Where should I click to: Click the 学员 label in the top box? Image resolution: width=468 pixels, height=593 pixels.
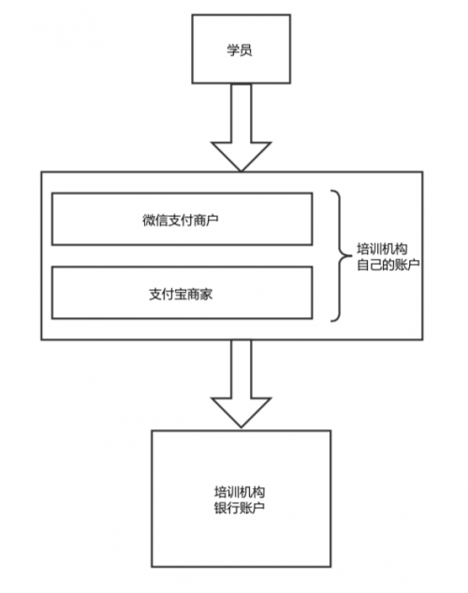pyautogui.click(x=240, y=50)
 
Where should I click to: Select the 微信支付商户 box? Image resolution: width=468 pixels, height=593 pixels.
pyautogui.click(x=182, y=219)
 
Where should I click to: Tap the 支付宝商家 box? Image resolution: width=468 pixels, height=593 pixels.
pyautogui.click(x=182, y=293)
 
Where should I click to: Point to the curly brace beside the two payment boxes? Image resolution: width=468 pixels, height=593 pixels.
pyautogui.click(x=340, y=256)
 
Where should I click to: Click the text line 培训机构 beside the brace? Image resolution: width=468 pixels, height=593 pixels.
pyautogui.click(x=382, y=249)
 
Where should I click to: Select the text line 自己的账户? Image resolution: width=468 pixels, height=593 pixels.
pyautogui.click(x=388, y=265)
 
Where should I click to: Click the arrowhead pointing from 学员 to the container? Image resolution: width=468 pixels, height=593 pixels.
pyautogui.click(x=241, y=156)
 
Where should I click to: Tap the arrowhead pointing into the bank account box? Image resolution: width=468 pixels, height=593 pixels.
pyautogui.click(x=241, y=412)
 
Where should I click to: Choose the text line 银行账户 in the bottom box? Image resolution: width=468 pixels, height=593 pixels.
pyautogui.click(x=240, y=508)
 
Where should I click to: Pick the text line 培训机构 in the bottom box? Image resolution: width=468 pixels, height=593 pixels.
pyautogui.click(x=240, y=492)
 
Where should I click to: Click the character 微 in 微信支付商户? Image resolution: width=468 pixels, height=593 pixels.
pyautogui.click(x=149, y=220)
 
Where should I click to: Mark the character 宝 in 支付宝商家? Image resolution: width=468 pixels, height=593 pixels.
pyautogui.click(x=181, y=295)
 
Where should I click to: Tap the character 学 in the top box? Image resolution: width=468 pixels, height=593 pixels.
pyautogui.click(x=233, y=50)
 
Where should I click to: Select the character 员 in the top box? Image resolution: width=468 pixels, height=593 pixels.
pyautogui.click(x=246, y=50)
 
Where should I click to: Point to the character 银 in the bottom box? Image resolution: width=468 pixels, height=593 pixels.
pyautogui.click(x=221, y=508)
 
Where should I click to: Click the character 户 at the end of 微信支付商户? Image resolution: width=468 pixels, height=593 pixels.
pyautogui.click(x=212, y=220)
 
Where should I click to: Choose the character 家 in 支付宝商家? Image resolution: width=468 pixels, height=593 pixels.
pyautogui.click(x=206, y=295)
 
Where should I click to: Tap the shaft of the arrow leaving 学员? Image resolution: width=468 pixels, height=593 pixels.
pyautogui.click(x=241, y=112)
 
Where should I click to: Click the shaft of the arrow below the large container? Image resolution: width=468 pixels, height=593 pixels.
pyautogui.click(x=241, y=369)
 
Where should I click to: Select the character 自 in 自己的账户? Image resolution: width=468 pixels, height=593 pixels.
pyautogui.click(x=363, y=265)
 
